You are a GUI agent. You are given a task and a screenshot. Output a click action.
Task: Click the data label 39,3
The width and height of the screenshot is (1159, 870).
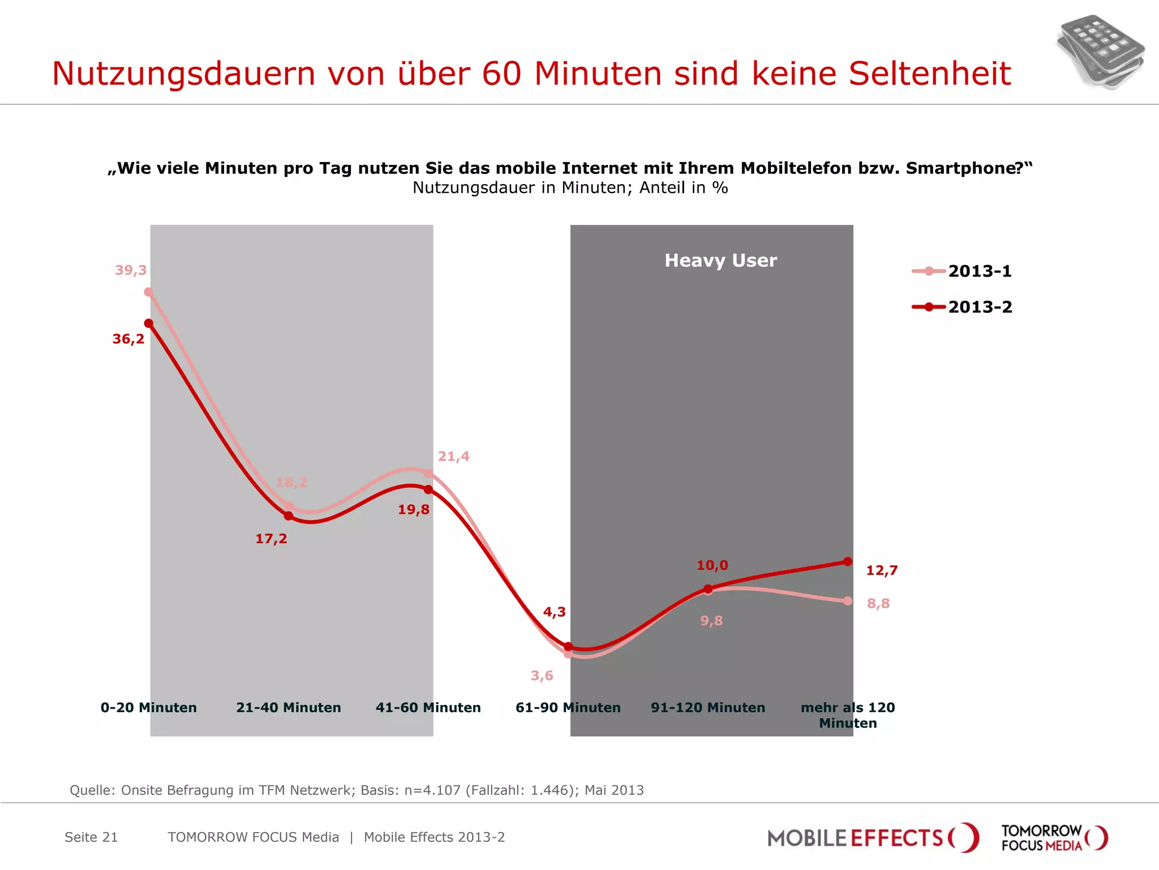(131, 270)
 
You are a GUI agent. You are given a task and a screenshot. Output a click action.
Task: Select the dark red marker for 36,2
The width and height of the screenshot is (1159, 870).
(149, 323)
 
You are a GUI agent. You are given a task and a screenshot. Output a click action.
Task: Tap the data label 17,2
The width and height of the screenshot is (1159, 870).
(271, 539)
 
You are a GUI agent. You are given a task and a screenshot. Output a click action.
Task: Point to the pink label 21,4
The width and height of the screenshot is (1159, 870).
(453, 457)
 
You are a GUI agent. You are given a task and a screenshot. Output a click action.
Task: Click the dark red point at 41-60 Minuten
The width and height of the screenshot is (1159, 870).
(428, 489)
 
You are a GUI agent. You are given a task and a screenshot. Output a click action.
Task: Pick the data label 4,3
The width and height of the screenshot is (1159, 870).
(554, 612)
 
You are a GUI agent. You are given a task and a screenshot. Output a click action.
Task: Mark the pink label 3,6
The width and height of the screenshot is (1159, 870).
(542, 676)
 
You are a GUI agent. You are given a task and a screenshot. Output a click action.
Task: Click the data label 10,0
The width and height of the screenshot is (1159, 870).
(712, 565)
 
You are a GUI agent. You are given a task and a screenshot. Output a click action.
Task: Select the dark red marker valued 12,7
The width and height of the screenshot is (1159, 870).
(847, 562)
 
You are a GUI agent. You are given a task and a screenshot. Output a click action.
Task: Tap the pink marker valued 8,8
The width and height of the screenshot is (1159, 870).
(847, 601)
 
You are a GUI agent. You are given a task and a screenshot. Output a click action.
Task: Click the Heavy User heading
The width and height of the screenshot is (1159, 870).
(720, 261)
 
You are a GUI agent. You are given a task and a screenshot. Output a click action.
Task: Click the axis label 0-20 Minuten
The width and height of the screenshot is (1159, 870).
(149, 707)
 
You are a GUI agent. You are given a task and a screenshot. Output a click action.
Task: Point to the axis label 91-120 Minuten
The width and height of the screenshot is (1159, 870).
(707, 707)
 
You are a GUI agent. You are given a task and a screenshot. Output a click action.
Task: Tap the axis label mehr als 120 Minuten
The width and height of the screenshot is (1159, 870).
(847, 715)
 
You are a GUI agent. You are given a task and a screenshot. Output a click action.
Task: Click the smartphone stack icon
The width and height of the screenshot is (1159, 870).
(1100, 52)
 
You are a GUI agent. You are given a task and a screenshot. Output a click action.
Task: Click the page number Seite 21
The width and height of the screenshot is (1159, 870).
(91, 837)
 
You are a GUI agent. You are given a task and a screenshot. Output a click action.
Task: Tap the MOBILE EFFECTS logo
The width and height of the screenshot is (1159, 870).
(872, 838)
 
